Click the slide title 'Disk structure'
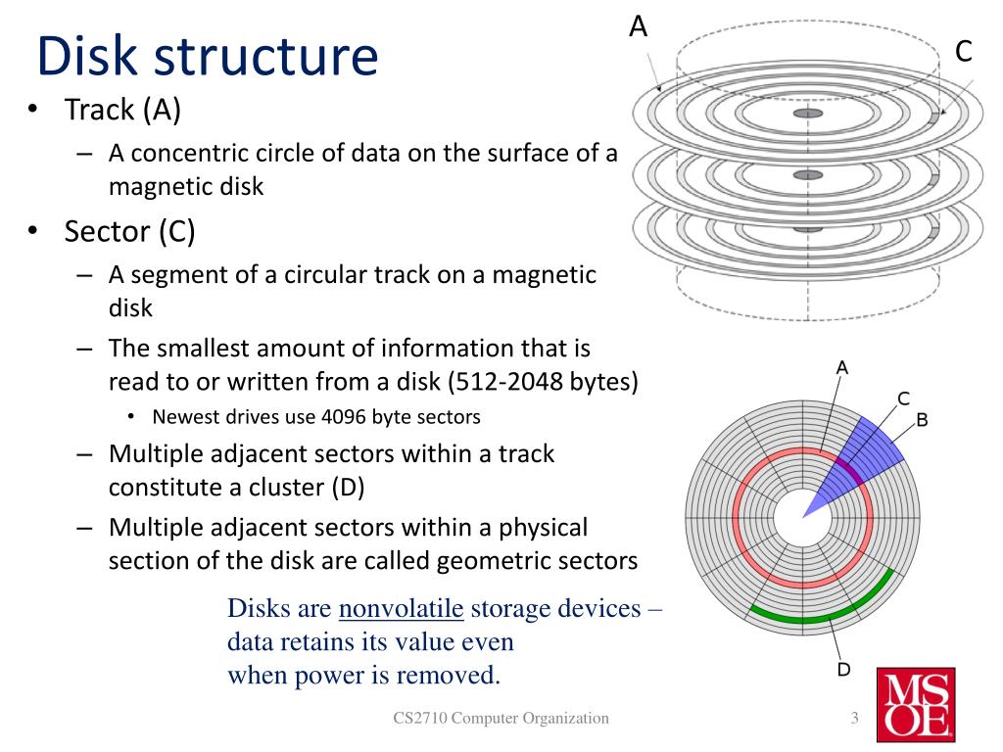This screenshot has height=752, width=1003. click(207, 56)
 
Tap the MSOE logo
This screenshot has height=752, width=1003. click(916, 704)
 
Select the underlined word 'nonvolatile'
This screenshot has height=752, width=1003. click(401, 609)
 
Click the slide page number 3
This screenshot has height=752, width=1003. click(854, 719)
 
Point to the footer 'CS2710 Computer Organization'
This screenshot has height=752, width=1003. click(501, 719)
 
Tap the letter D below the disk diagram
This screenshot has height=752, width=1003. click(843, 670)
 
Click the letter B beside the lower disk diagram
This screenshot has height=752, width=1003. click(922, 420)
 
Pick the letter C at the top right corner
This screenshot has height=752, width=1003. click(964, 52)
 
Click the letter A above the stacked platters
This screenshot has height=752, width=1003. click(638, 26)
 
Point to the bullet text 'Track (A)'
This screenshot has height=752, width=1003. click(122, 111)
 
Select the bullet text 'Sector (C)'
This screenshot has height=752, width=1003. click(129, 231)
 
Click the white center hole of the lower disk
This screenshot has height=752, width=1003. click(794, 517)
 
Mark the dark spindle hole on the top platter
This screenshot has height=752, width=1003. click(807, 115)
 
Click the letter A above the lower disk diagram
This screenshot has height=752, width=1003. click(841, 368)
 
